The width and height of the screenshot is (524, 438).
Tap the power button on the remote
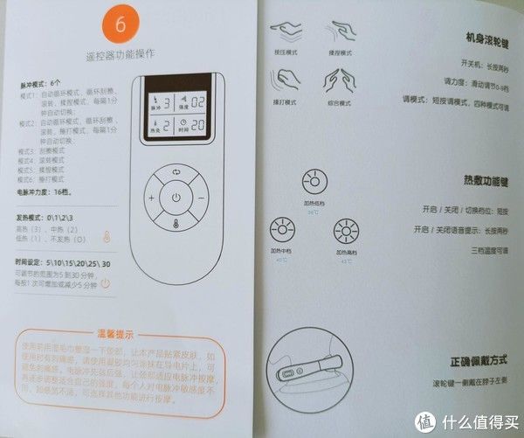tap(176, 198)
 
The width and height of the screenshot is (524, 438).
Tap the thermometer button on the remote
tap(176, 225)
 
